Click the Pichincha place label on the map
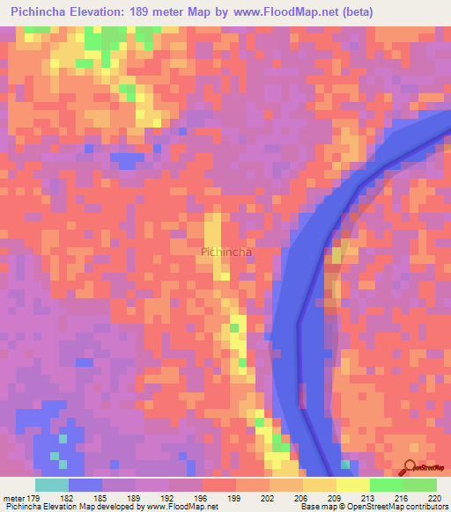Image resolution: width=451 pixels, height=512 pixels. point(226,252)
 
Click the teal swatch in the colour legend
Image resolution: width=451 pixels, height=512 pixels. point(52,485)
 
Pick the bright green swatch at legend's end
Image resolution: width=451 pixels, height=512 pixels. point(420,485)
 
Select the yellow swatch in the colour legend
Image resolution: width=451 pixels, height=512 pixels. point(353,485)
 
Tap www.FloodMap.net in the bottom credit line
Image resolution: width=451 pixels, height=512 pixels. point(181,507)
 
